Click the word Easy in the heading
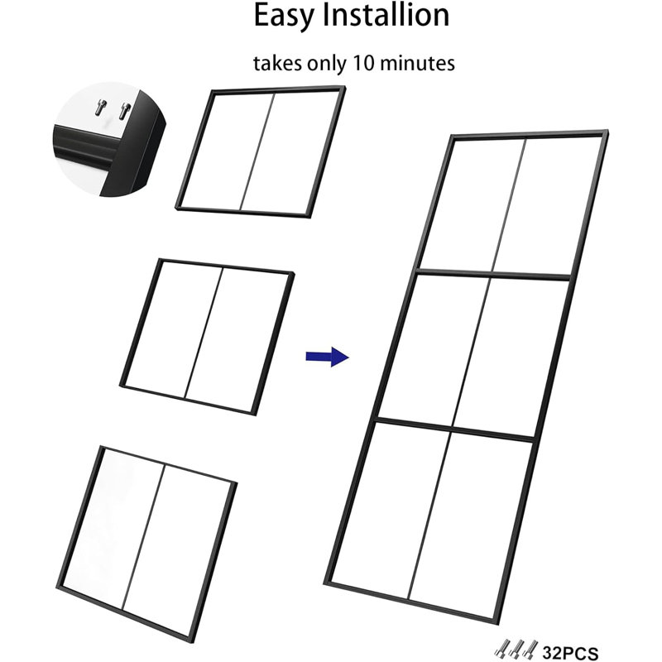[x=284, y=16]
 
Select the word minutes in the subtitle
[x=417, y=63]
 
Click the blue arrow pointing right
[x=327, y=357]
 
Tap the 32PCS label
[x=570, y=653]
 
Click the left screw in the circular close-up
[x=100, y=108]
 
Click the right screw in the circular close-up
[x=125, y=111]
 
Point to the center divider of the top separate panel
[x=257, y=151]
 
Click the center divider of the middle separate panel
[x=204, y=333]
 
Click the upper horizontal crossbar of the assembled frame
[x=493, y=274]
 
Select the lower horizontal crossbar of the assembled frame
[x=456, y=429]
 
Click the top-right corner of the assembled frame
[x=607, y=132]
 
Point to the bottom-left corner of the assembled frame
[x=326, y=583]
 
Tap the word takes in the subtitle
[x=277, y=64]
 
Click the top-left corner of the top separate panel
[x=213, y=91]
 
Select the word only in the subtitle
[x=327, y=64]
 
